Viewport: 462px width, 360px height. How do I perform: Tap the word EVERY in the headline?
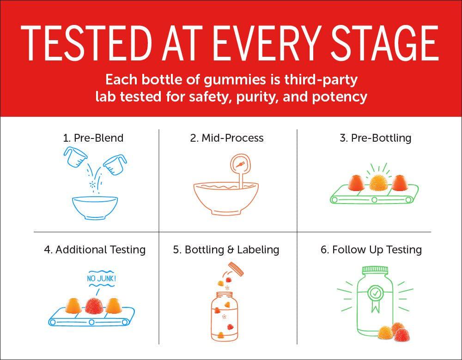[x=266, y=43]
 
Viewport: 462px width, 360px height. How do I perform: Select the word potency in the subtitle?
[x=340, y=97]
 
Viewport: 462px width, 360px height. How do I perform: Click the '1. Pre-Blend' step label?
[x=93, y=138]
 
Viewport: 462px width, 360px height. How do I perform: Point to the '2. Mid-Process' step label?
[x=227, y=138]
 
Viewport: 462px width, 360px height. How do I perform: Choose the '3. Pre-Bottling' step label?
[x=375, y=138]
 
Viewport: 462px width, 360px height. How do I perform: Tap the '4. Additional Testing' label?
[x=95, y=250]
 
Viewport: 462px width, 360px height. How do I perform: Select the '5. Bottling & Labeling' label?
[x=226, y=250]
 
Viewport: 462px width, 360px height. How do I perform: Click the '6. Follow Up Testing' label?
[x=371, y=250]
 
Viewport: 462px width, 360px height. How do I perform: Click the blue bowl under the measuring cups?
[x=95, y=208]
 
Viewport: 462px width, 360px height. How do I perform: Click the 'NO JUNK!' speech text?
[x=101, y=278]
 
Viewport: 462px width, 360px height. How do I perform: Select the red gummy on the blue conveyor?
[x=94, y=305]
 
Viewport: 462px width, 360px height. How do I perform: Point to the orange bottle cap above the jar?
[x=236, y=269]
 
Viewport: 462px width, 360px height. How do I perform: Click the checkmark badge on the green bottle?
[x=375, y=293]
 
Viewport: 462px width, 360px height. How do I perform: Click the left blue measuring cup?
[x=75, y=156]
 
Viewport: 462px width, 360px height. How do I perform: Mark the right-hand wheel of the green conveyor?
[x=408, y=200]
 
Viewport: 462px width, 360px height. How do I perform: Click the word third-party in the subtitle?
[x=321, y=80]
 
